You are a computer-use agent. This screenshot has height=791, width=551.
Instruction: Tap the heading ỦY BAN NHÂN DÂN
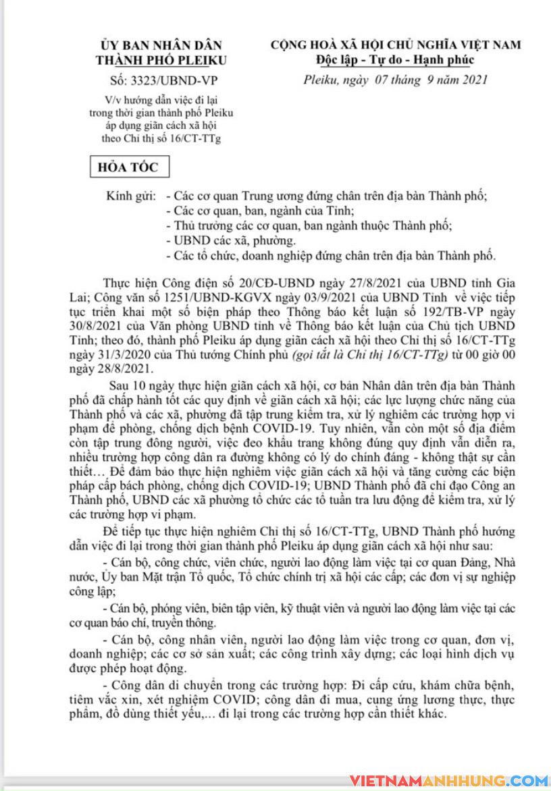[x=161, y=45]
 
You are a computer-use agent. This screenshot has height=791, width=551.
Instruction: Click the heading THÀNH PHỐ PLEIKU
[x=161, y=59]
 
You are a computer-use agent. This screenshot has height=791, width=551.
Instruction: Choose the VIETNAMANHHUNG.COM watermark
[x=448, y=780]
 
